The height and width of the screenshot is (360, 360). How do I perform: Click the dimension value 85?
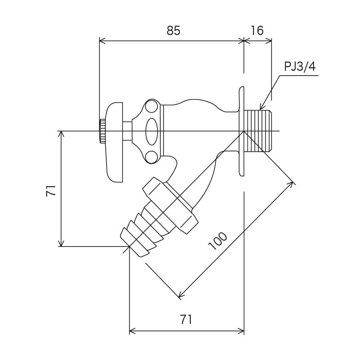[173, 31]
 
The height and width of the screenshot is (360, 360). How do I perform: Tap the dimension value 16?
[257, 31]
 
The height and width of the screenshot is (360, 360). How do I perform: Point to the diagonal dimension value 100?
[219, 242]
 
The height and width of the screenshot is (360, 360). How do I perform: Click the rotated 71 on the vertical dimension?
[51, 190]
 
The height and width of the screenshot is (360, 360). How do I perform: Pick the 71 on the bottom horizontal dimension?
[186, 320]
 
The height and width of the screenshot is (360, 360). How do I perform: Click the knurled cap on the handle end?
[102, 131]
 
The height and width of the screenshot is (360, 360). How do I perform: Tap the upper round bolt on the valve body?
[151, 106]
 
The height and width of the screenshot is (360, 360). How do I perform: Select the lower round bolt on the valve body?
[152, 157]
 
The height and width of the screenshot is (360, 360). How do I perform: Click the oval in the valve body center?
[152, 131]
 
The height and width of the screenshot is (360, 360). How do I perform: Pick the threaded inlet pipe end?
[261, 131]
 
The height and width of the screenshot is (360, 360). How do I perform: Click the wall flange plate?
[242, 131]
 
